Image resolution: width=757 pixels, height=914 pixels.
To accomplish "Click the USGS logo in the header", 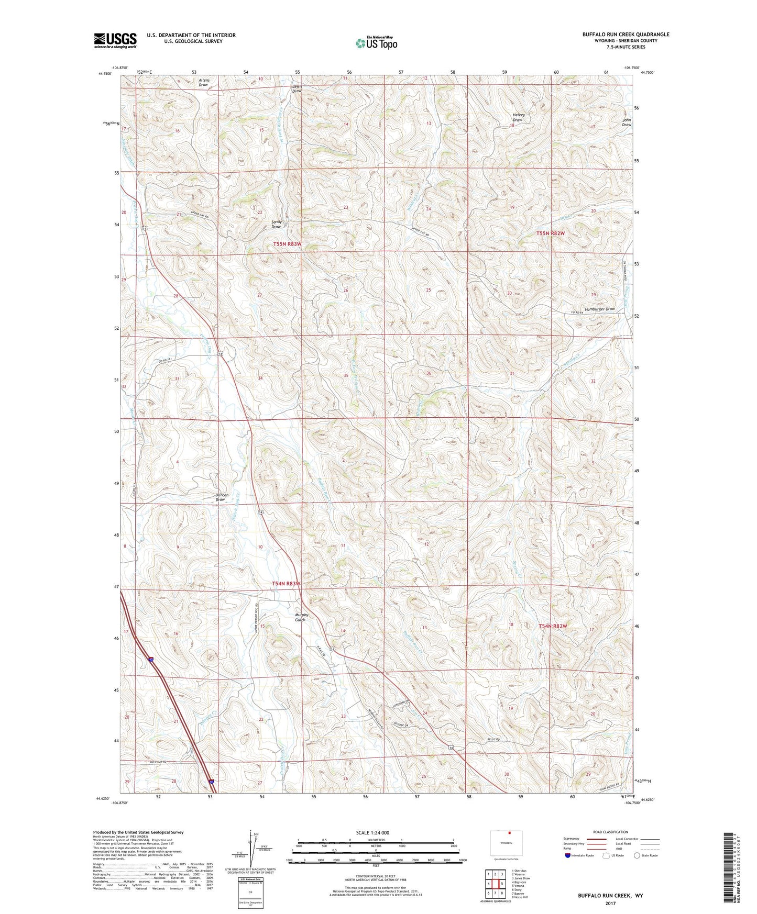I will click(115, 40).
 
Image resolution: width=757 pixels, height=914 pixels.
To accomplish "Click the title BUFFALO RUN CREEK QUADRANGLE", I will click(626, 35).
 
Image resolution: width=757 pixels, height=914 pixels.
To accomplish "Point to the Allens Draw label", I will click(204, 83).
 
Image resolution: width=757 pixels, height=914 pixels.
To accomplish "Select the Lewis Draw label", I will click(297, 88).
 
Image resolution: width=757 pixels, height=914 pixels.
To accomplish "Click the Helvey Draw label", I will click(518, 117).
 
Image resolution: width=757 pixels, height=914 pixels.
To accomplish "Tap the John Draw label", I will click(626, 122).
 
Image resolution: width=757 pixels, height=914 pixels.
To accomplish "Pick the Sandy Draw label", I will click(276, 224).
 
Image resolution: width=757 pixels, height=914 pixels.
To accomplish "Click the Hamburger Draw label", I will click(599, 309).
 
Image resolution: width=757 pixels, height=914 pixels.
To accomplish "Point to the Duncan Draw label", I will click(221, 497).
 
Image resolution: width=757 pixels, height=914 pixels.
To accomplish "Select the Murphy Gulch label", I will click(301, 617).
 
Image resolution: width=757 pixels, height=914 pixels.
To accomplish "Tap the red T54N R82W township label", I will click(553, 626).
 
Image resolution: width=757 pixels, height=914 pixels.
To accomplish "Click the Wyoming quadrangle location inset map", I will click(506, 843).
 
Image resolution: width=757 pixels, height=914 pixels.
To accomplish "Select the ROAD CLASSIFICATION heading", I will click(610, 832).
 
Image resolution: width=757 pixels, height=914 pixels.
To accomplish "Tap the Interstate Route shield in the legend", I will click(568, 855).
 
